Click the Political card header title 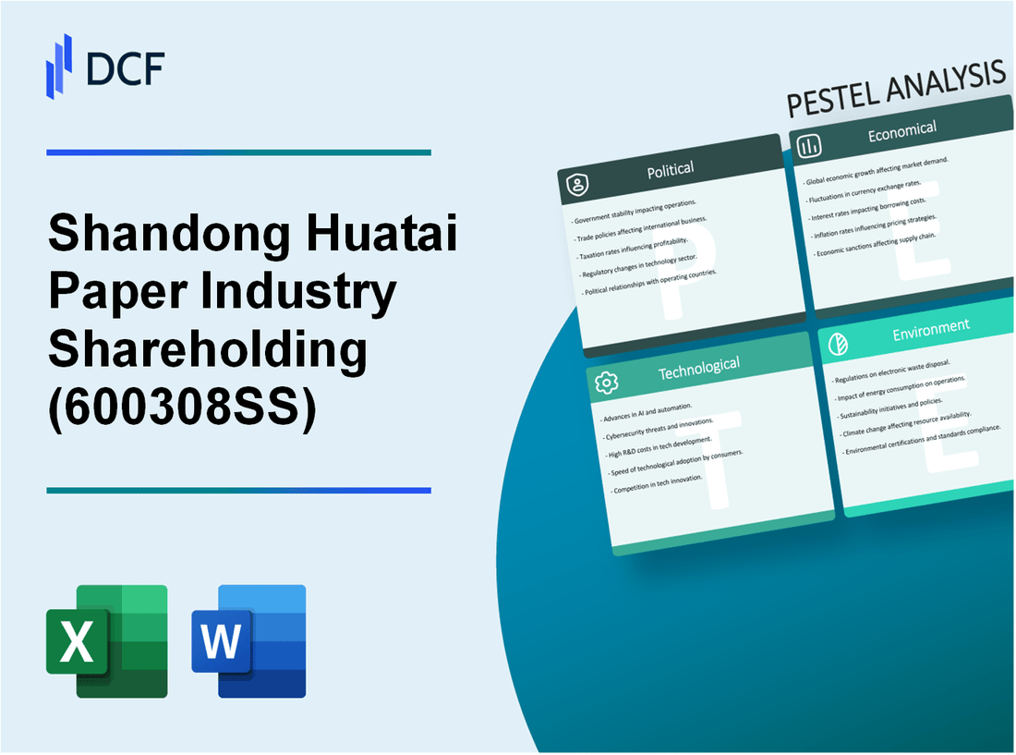(671, 169)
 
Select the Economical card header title (901, 131)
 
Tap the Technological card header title (698, 367)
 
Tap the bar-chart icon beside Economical (809, 146)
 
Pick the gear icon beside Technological (606, 383)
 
